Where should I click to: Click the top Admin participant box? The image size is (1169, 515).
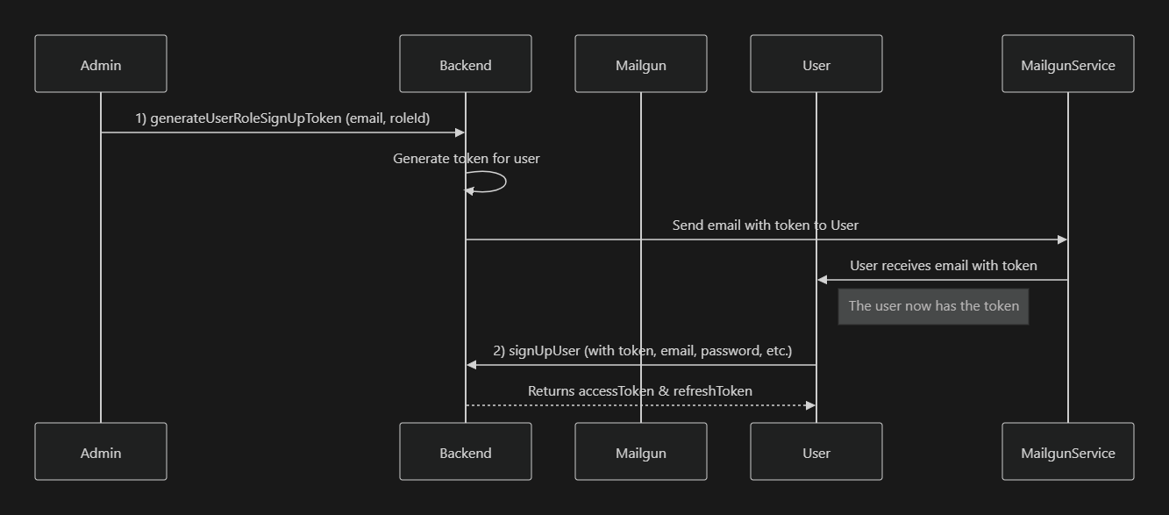pos(101,64)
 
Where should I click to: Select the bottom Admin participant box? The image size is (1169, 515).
pos(101,452)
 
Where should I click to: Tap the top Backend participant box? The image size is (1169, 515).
pos(466,64)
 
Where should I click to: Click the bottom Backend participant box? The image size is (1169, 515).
pos(466,452)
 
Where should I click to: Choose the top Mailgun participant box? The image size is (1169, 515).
pos(641,64)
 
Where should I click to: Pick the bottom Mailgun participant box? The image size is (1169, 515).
pos(641,452)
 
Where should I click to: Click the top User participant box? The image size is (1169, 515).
pos(816,64)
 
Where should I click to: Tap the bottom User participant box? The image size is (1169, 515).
pos(816,452)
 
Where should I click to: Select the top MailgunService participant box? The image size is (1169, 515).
pos(1068,64)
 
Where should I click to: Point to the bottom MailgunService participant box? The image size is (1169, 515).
pos(1068,452)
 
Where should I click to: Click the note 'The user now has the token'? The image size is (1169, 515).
pos(933,306)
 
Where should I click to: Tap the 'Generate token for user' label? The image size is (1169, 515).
pos(467,159)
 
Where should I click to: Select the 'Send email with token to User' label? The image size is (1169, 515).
pos(766,225)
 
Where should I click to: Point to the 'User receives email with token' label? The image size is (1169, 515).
pos(943,266)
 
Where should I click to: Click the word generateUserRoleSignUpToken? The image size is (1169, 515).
pos(246,118)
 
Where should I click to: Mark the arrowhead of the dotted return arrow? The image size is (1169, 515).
pos(810,405)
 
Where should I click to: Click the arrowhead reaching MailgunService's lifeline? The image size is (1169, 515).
pos(1062,240)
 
